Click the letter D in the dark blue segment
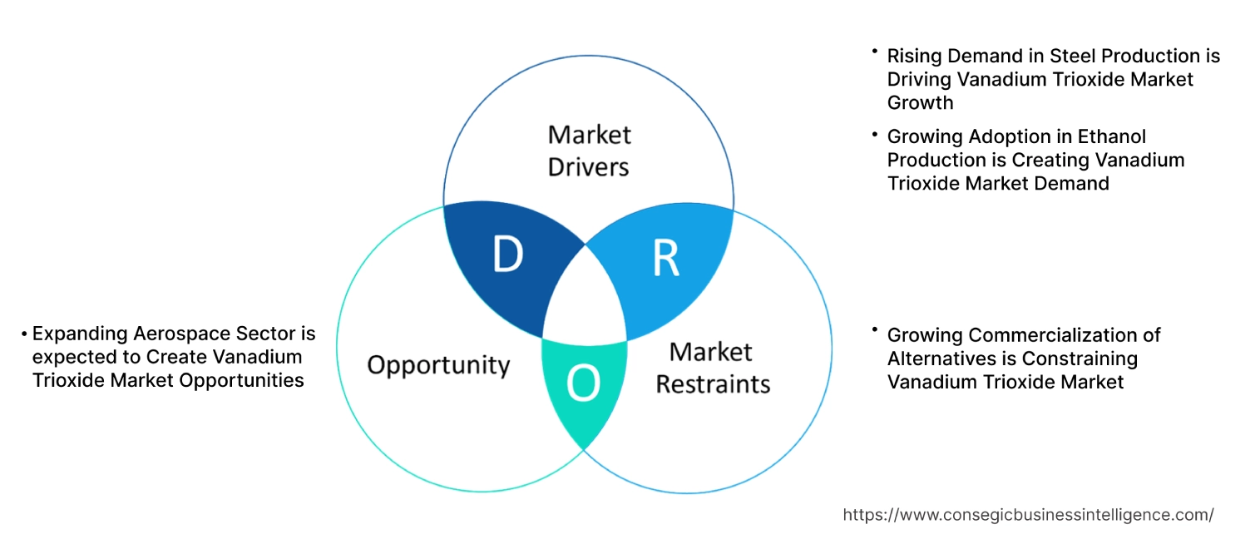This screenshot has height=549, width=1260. point(507,255)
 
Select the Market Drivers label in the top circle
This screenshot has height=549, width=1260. point(589,151)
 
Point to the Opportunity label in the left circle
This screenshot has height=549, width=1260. point(438,364)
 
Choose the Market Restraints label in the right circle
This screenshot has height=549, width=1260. point(713,368)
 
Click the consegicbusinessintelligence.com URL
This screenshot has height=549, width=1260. point(1028,515)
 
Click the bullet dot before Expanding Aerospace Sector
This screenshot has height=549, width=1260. point(24,334)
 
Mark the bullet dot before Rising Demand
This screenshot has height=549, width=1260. point(875,52)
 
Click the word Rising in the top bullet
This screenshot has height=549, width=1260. point(912,56)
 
